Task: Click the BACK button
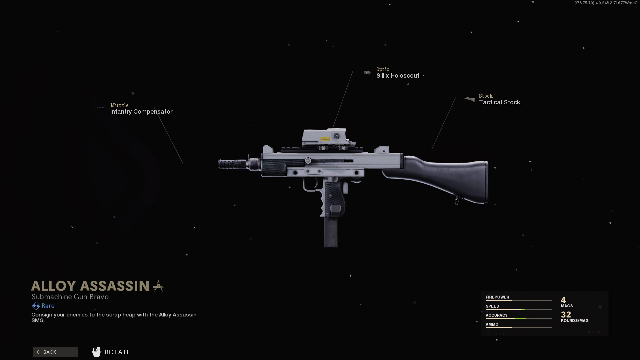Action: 55,352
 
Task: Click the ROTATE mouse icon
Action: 96,352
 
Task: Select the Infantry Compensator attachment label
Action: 141,112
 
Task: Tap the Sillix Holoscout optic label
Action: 398,76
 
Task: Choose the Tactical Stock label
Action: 499,102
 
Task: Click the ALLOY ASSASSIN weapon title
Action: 90,286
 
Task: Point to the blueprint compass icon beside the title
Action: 158,286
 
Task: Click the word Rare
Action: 48,306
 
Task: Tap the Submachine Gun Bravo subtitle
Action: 70,297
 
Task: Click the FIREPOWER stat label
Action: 497,297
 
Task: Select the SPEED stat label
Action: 492,306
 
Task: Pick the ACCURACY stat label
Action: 496,315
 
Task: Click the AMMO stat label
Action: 492,324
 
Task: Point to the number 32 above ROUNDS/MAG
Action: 566,314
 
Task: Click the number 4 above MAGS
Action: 563,300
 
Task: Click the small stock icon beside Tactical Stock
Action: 470,99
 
